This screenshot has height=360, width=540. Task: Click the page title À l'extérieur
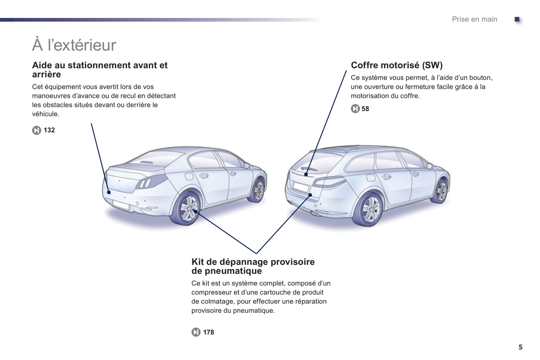74,44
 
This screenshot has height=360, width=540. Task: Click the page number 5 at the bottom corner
521,347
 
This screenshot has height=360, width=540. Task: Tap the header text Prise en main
475,19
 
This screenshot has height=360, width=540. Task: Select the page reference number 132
49,130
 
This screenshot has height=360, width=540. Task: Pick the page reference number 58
365,109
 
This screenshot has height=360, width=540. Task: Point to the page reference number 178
209,332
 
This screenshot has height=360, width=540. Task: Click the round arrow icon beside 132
36,130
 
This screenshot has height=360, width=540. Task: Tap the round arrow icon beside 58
355,109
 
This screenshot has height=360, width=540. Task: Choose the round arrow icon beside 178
196,332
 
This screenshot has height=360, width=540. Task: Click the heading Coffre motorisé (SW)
396,65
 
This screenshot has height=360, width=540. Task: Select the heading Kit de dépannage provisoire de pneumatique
253,266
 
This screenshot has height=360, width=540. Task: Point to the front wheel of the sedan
258,190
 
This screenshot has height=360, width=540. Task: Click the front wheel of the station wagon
441,191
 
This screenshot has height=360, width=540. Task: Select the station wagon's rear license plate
300,187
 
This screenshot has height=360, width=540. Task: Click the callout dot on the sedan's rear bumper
109,192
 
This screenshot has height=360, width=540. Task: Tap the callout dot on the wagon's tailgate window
306,174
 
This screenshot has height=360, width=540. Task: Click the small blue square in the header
517,19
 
